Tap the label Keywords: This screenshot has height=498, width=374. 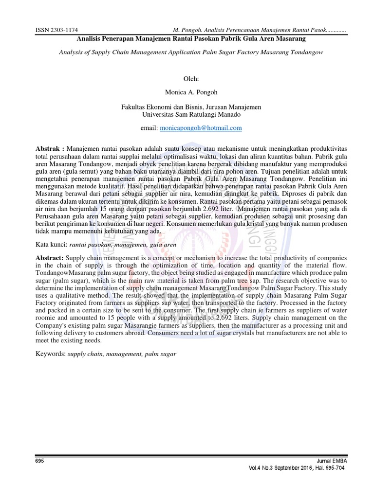(51, 354)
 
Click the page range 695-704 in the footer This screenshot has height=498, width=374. (331, 468)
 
